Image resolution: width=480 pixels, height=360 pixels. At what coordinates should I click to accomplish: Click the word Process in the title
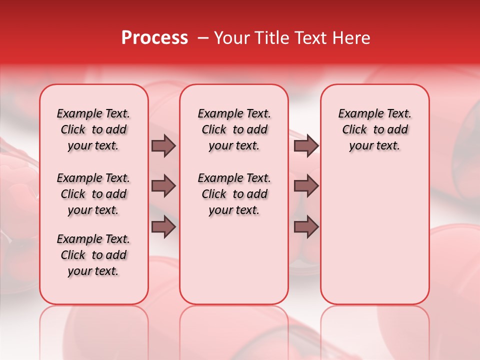[x=154, y=38]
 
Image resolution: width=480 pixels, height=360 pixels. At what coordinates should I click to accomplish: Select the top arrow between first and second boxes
[x=163, y=145]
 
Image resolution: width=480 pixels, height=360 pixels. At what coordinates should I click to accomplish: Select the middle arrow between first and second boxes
[x=163, y=186]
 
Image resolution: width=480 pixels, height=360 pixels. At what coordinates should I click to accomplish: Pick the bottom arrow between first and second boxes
[x=163, y=227]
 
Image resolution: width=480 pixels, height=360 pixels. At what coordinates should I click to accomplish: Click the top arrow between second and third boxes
[x=306, y=145]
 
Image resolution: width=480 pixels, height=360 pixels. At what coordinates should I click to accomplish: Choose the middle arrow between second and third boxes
[x=306, y=186]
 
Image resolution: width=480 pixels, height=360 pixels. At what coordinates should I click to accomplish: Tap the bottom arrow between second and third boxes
[x=306, y=227]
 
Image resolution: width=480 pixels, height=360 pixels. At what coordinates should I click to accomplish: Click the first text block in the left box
[x=93, y=129]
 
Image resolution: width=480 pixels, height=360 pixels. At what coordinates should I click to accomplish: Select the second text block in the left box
[x=93, y=194]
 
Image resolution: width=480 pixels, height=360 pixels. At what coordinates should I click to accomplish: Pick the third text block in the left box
[x=93, y=255]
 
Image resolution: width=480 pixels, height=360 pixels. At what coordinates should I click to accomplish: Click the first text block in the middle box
[x=234, y=129]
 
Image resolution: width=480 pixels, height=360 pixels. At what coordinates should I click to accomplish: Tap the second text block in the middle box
[x=234, y=194]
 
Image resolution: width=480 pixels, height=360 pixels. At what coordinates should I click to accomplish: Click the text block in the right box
[x=375, y=129]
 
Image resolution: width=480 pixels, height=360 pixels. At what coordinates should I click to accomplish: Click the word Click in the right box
[x=354, y=130]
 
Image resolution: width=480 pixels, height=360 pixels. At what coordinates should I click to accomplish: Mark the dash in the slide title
[x=203, y=38]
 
